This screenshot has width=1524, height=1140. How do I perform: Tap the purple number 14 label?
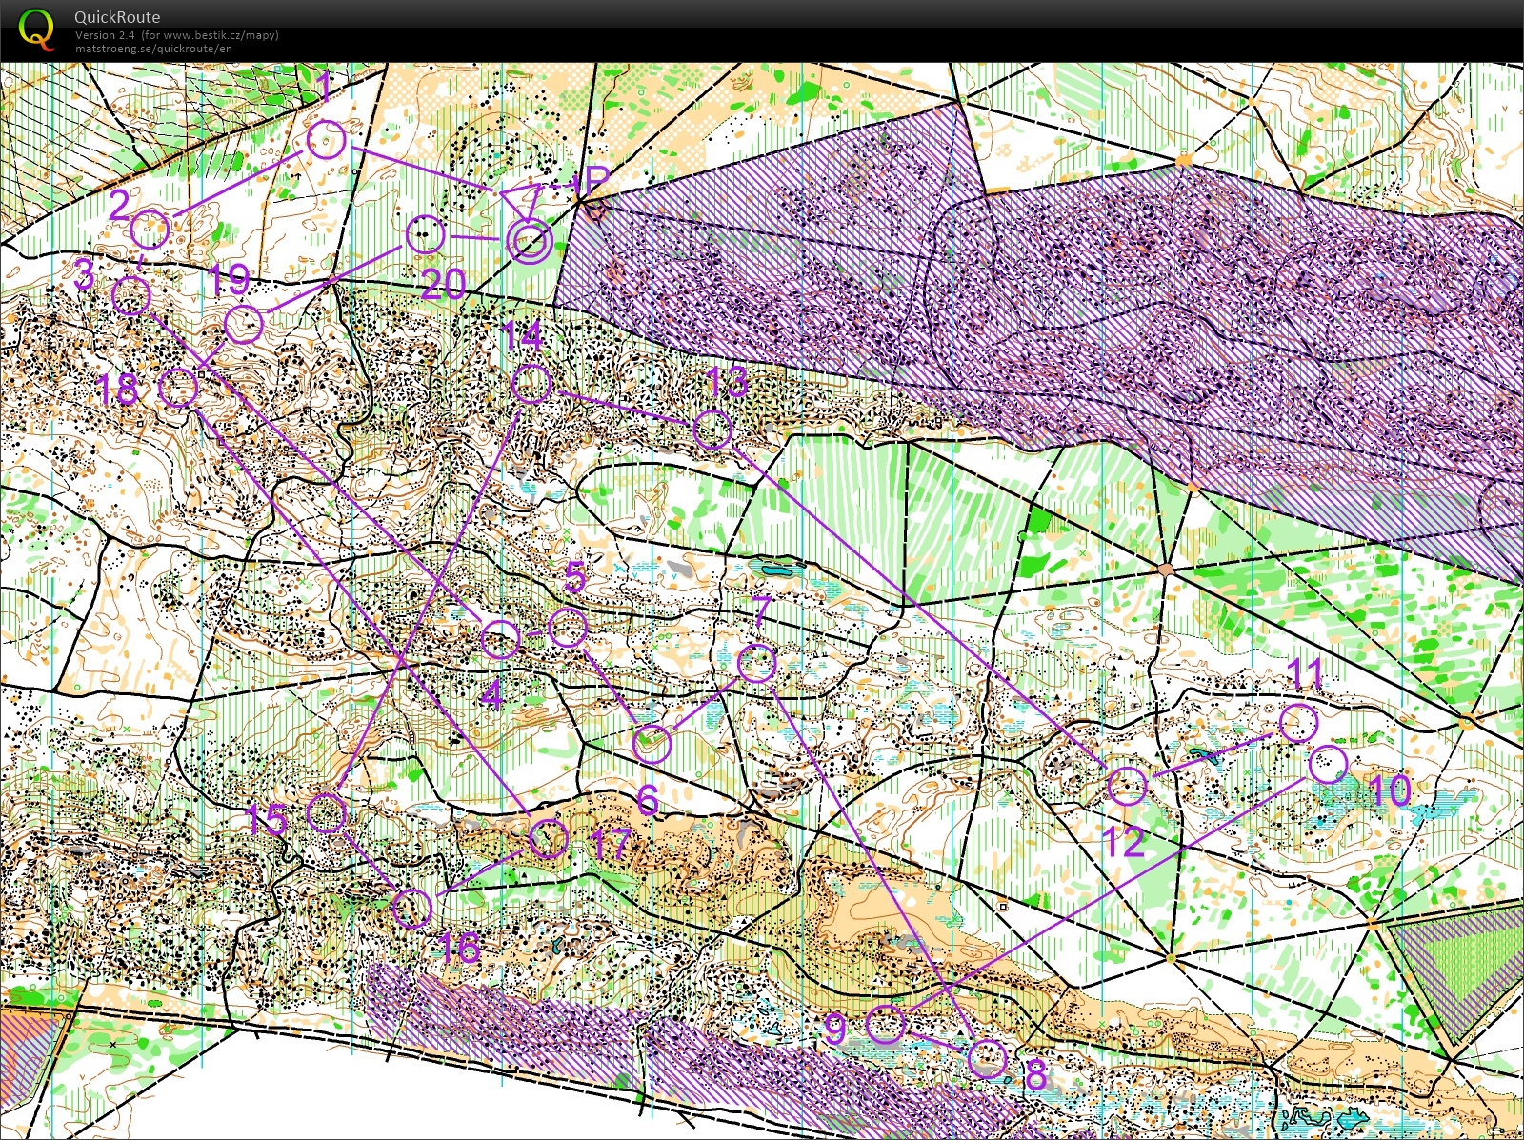(x=522, y=336)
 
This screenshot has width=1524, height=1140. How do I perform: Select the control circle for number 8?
(x=987, y=1058)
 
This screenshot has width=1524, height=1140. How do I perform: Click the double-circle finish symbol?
(x=528, y=241)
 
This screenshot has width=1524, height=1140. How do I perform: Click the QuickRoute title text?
(x=117, y=17)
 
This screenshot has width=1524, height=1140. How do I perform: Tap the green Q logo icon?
(x=36, y=28)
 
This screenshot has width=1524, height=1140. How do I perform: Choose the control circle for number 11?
(x=1297, y=723)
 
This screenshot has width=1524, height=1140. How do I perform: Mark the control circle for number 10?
(x=1328, y=764)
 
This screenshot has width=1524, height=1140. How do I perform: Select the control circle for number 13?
(x=712, y=429)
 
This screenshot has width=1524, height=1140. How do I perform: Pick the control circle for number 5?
(x=569, y=628)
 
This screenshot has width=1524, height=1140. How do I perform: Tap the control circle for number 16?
(x=412, y=908)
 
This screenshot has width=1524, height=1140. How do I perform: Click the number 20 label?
(x=443, y=284)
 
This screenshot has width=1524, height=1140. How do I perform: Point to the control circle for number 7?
(x=757, y=663)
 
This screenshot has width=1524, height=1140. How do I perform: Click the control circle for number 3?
(x=130, y=296)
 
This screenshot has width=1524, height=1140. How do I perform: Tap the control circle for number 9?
(x=886, y=1024)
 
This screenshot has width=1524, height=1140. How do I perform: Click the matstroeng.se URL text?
(x=153, y=49)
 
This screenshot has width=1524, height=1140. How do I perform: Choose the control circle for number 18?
(x=177, y=388)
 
